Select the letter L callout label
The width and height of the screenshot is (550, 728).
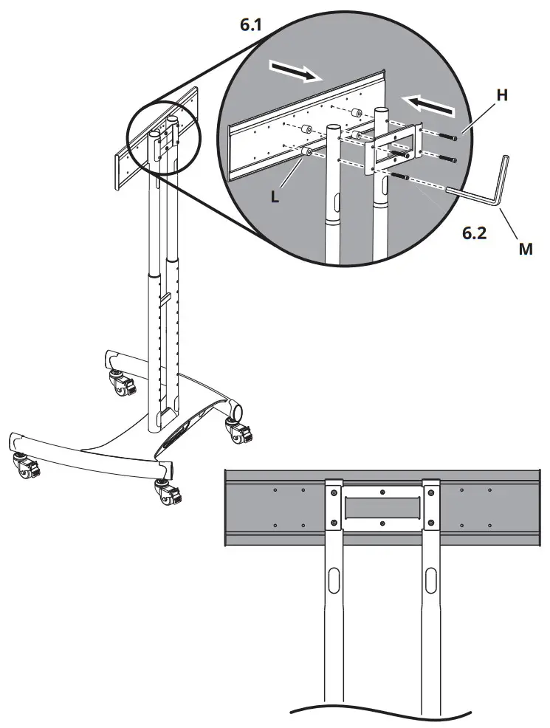coord(275,197)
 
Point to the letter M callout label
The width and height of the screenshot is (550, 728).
coord(525,249)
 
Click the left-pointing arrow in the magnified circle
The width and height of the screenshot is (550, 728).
coord(433,104)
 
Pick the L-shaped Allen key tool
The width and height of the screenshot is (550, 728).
coord(487,185)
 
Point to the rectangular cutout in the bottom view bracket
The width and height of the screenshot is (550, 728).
coord(381,507)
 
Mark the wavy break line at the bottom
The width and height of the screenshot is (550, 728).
coord(381,712)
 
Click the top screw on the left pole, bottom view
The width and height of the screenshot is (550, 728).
coord(333,492)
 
